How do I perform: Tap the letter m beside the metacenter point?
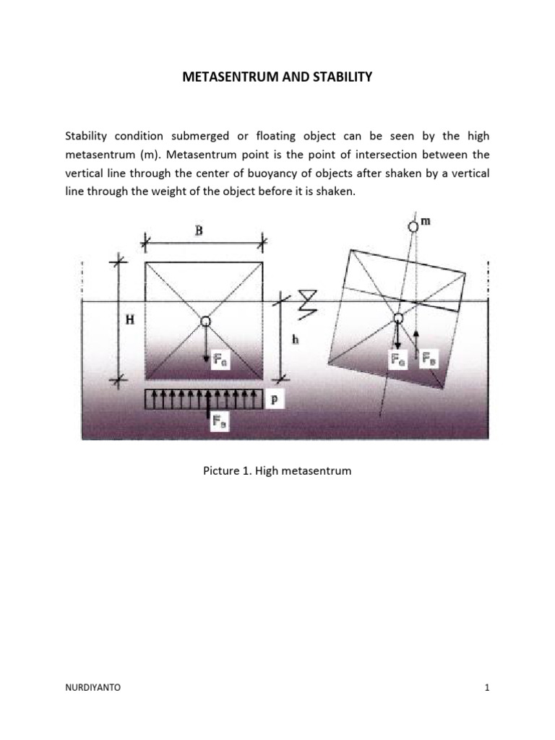426,222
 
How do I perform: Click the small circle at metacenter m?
413,226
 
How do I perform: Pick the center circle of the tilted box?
397,319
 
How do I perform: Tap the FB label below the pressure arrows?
219,424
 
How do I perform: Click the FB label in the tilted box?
429,358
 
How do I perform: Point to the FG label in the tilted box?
397,358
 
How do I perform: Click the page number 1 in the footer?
488,688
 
